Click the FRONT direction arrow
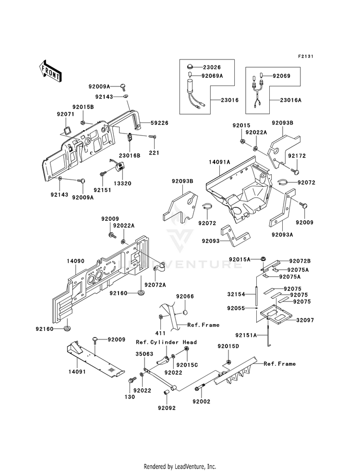point(50,71)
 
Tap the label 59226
point(159,123)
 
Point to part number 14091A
point(220,162)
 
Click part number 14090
point(75,261)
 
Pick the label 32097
point(305,320)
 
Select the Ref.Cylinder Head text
point(167,342)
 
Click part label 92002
point(202,401)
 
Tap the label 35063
point(144,354)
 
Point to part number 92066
point(185,297)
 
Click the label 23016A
point(291,100)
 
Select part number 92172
point(297,156)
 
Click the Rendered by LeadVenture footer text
point(180,466)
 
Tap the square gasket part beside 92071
point(66,131)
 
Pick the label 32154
point(236,294)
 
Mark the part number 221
point(154,153)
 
